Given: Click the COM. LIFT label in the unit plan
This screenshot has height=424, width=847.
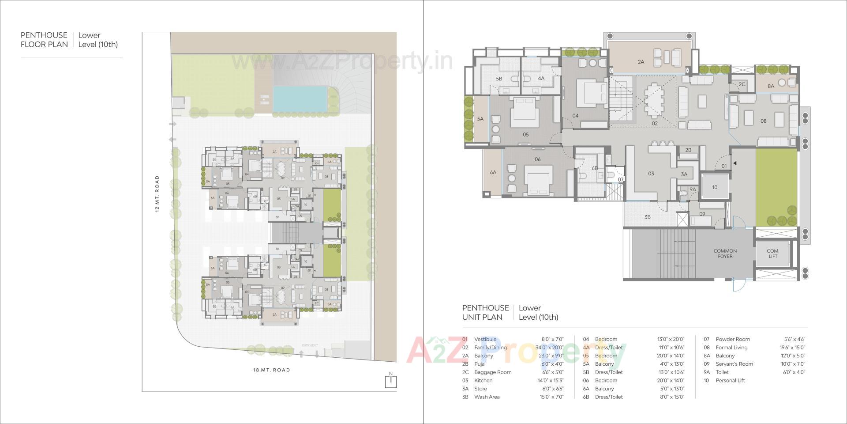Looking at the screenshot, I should (773, 254).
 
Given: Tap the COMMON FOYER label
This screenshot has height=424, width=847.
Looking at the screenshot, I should (725, 254).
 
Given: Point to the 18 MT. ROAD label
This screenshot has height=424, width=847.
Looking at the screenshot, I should (271, 370).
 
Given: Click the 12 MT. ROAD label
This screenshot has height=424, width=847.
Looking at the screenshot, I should (157, 194).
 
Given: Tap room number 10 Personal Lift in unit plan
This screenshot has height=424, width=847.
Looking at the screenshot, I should (715, 187).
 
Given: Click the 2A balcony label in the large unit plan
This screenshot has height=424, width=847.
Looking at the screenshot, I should (641, 62).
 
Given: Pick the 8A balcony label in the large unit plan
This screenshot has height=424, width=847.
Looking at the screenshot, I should (771, 86).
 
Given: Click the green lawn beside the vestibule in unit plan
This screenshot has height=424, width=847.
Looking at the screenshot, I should (776, 188).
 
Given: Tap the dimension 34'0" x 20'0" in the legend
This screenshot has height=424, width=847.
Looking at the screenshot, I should (549, 348).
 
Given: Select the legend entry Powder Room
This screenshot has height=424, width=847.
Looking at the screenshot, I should (732, 339).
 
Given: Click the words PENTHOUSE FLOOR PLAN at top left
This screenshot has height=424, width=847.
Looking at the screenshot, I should (44, 40).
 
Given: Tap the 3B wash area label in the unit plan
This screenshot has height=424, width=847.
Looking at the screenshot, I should (647, 217).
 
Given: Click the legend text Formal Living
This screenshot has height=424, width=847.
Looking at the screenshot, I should (731, 348).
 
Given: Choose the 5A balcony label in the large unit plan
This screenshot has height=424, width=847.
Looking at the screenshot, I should (480, 119).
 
